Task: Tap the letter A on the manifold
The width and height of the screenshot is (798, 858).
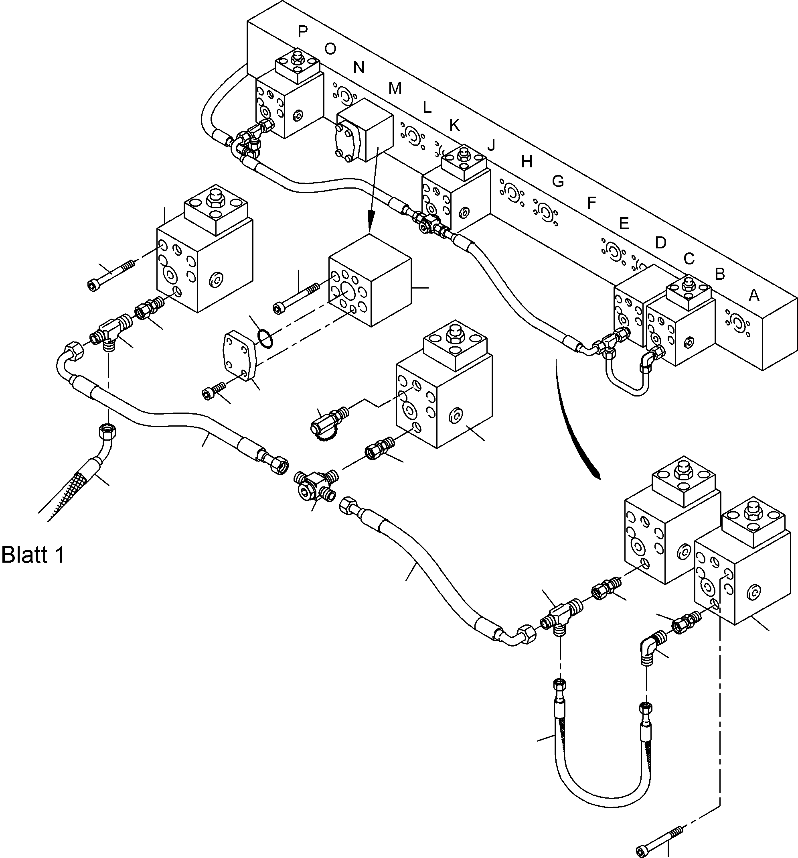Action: point(753,295)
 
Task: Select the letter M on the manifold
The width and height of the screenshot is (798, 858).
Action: point(395,88)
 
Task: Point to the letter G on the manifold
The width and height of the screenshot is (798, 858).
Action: point(558,181)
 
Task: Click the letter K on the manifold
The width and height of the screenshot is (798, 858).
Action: point(454,125)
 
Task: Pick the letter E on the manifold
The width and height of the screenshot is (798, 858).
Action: point(623,223)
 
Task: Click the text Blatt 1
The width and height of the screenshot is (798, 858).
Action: point(33,555)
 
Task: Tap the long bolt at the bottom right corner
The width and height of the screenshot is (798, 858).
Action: point(659,836)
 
